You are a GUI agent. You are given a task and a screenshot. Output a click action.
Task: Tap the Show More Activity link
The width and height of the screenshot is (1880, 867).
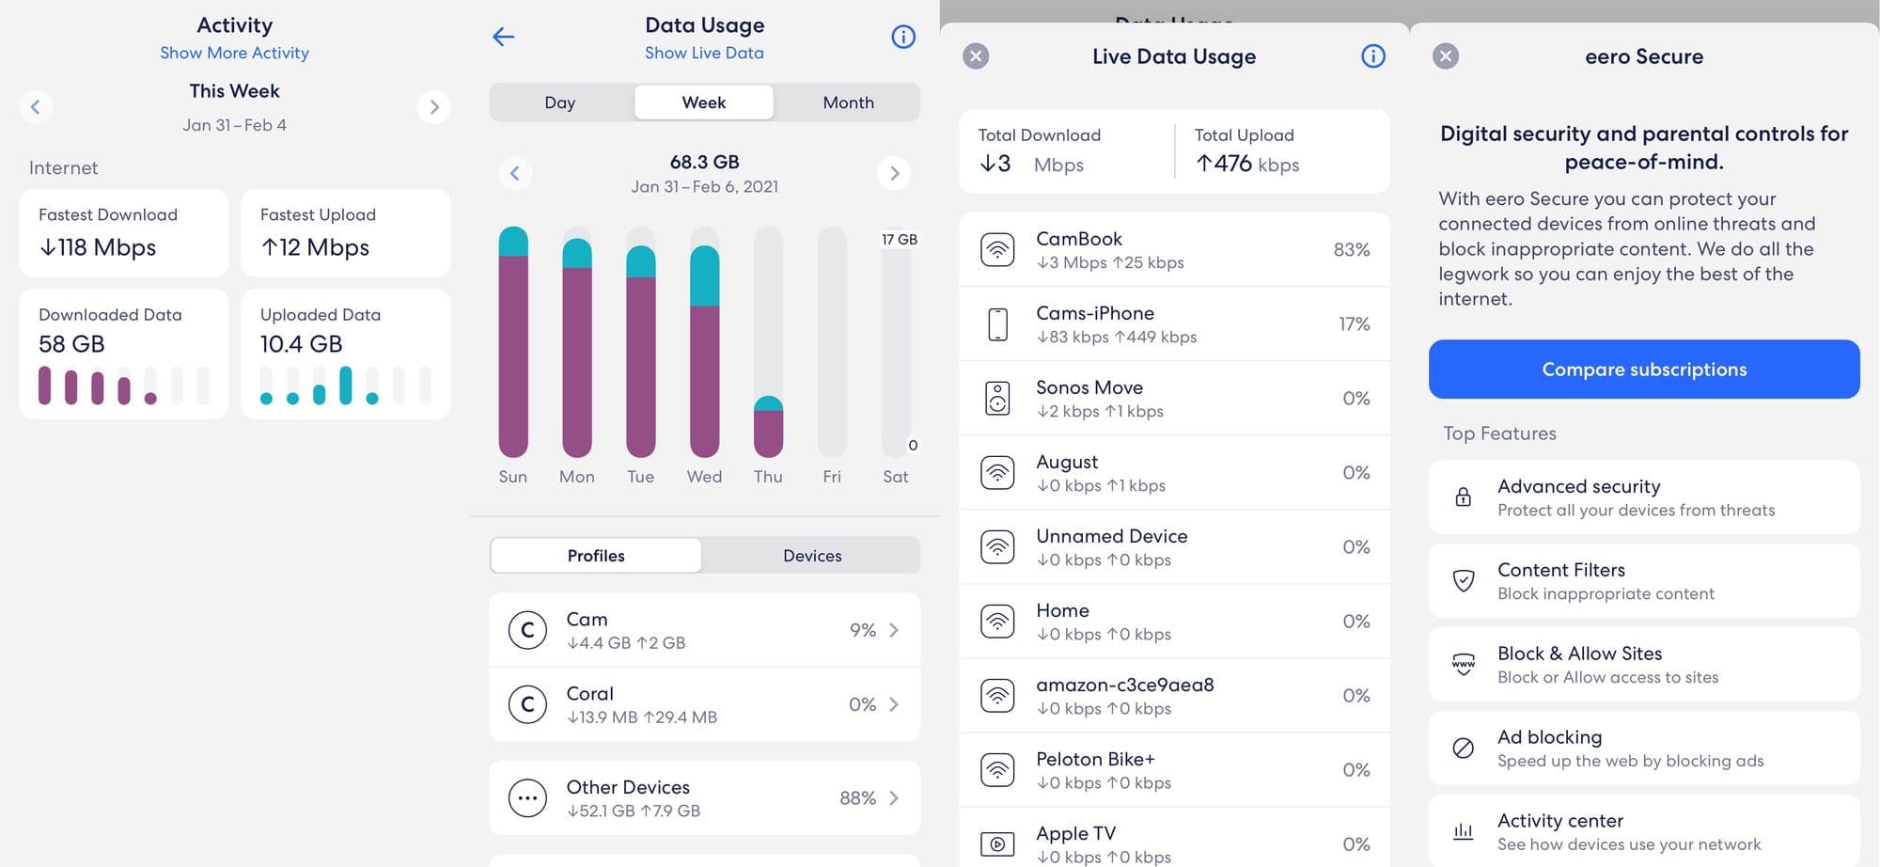click(234, 53)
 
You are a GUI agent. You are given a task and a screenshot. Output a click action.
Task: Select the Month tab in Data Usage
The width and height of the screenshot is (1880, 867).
click(848, 102)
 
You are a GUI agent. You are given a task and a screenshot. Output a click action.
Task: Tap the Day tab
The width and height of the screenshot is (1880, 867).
click(559, 102)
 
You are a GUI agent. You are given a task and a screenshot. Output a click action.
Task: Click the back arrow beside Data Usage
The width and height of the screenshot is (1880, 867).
click(504, 37)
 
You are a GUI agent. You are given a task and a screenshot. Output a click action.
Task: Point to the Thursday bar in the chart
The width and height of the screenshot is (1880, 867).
click(768, 427)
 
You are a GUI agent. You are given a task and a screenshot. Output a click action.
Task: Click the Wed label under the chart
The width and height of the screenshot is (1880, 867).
click(704, 477)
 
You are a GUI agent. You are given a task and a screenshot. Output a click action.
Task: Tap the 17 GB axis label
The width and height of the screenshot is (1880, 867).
click(899, 240)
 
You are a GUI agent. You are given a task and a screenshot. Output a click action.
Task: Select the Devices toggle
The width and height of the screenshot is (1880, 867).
click(812, 556)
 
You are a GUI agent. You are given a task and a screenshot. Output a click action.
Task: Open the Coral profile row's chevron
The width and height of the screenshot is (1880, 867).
click(894, 704)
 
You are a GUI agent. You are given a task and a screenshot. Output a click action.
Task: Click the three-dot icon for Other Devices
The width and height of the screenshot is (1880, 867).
click(527, 798)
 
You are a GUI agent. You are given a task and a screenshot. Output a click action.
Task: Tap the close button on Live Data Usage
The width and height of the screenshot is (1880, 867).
click(976, 56)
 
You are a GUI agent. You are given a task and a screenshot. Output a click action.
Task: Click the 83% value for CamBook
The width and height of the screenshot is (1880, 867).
click(1352, 249)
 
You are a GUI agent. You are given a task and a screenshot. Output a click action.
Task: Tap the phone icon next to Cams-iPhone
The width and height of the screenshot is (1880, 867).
click(997, 324)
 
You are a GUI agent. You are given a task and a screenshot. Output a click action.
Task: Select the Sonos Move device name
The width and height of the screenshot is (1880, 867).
click(1089, 387)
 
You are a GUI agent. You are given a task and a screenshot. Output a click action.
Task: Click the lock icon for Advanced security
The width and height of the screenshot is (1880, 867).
click(1463, 497)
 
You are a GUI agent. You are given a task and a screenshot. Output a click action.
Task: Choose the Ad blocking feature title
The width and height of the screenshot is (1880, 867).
click(1549, 737)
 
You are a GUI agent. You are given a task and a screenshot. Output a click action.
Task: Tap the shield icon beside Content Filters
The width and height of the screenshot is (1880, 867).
click(1463, 581)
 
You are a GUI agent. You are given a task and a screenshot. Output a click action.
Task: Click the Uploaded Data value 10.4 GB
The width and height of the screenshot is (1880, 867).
click(301, 344)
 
